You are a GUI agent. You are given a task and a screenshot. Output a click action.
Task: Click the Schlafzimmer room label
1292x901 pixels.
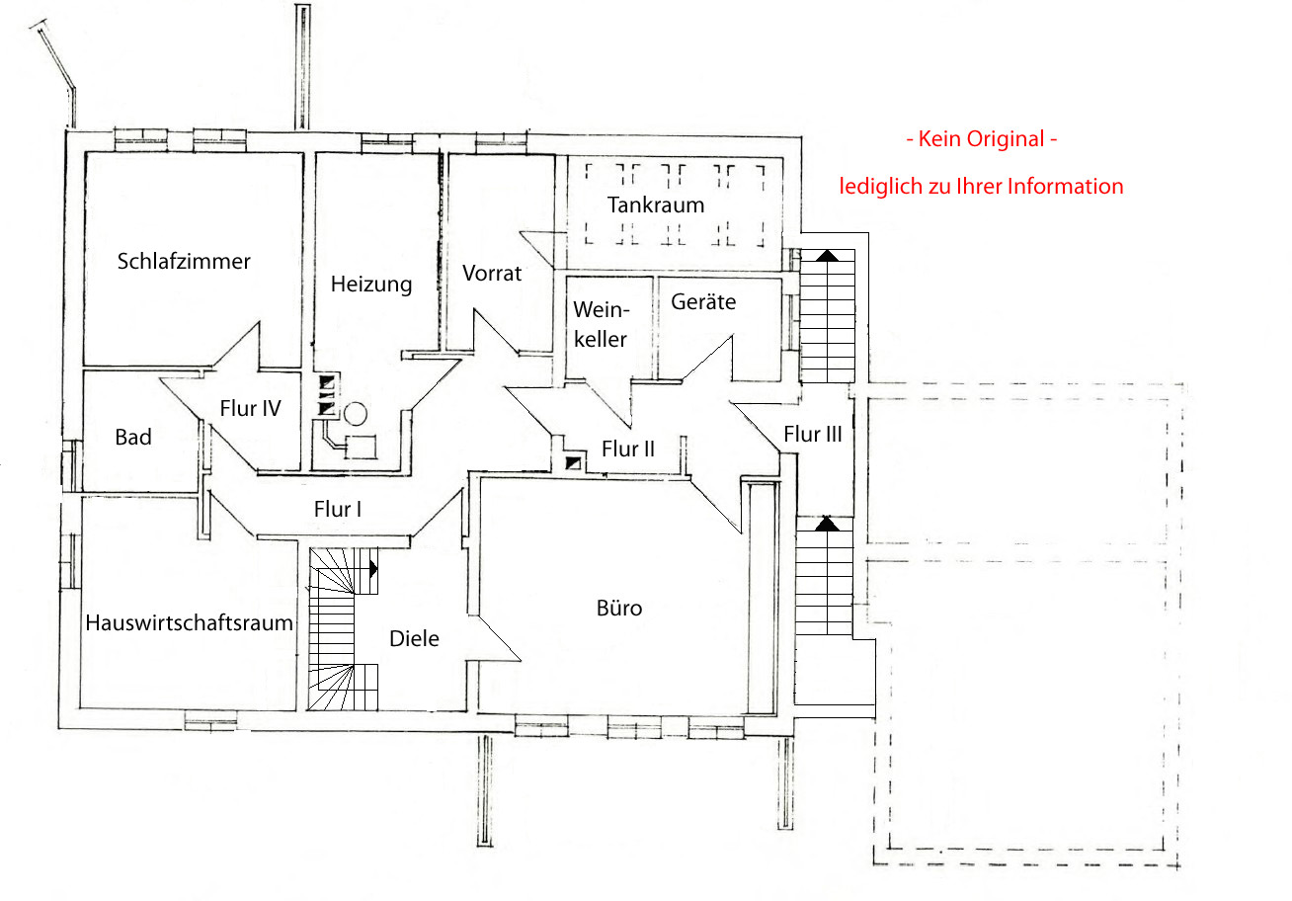click(184, 261)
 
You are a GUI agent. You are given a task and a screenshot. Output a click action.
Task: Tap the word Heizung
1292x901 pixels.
click(371, 285)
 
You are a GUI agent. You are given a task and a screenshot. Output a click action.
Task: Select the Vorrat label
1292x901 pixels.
click(492, 273)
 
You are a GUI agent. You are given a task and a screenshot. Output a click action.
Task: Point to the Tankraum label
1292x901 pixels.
click(656, 205)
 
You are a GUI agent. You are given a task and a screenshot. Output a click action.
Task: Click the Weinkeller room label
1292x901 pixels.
click(601, 324)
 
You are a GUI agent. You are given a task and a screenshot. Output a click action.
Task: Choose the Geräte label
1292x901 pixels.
click(703, 301)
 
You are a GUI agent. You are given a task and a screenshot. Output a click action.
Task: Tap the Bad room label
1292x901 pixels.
click(133, 437)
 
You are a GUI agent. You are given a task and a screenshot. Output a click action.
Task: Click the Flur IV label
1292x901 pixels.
click(250, 408)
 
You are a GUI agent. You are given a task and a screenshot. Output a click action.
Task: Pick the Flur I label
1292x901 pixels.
click(338, 509)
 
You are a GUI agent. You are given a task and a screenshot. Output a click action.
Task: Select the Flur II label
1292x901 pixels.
click(628, 449)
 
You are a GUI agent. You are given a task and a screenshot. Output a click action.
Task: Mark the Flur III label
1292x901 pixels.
click(813, 434)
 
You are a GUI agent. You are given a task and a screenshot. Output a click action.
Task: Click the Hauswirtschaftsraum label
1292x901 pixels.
click(190, 623)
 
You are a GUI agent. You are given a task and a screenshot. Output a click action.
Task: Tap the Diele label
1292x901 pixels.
click(414, 638)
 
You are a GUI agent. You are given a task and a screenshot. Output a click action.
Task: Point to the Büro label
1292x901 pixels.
click(619, 608)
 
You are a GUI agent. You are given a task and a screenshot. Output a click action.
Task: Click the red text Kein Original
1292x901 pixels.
click(982, 138)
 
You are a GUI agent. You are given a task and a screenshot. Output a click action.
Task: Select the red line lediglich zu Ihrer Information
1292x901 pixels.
click(981, 186)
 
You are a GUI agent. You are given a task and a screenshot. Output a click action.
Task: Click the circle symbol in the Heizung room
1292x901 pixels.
click(356, 414)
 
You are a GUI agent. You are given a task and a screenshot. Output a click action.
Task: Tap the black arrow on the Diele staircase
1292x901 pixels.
click(373, 569)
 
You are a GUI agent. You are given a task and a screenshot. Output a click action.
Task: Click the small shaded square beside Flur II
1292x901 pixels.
click(573, 462)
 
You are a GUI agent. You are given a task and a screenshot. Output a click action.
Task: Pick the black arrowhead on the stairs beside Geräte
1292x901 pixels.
click(827, 256)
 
